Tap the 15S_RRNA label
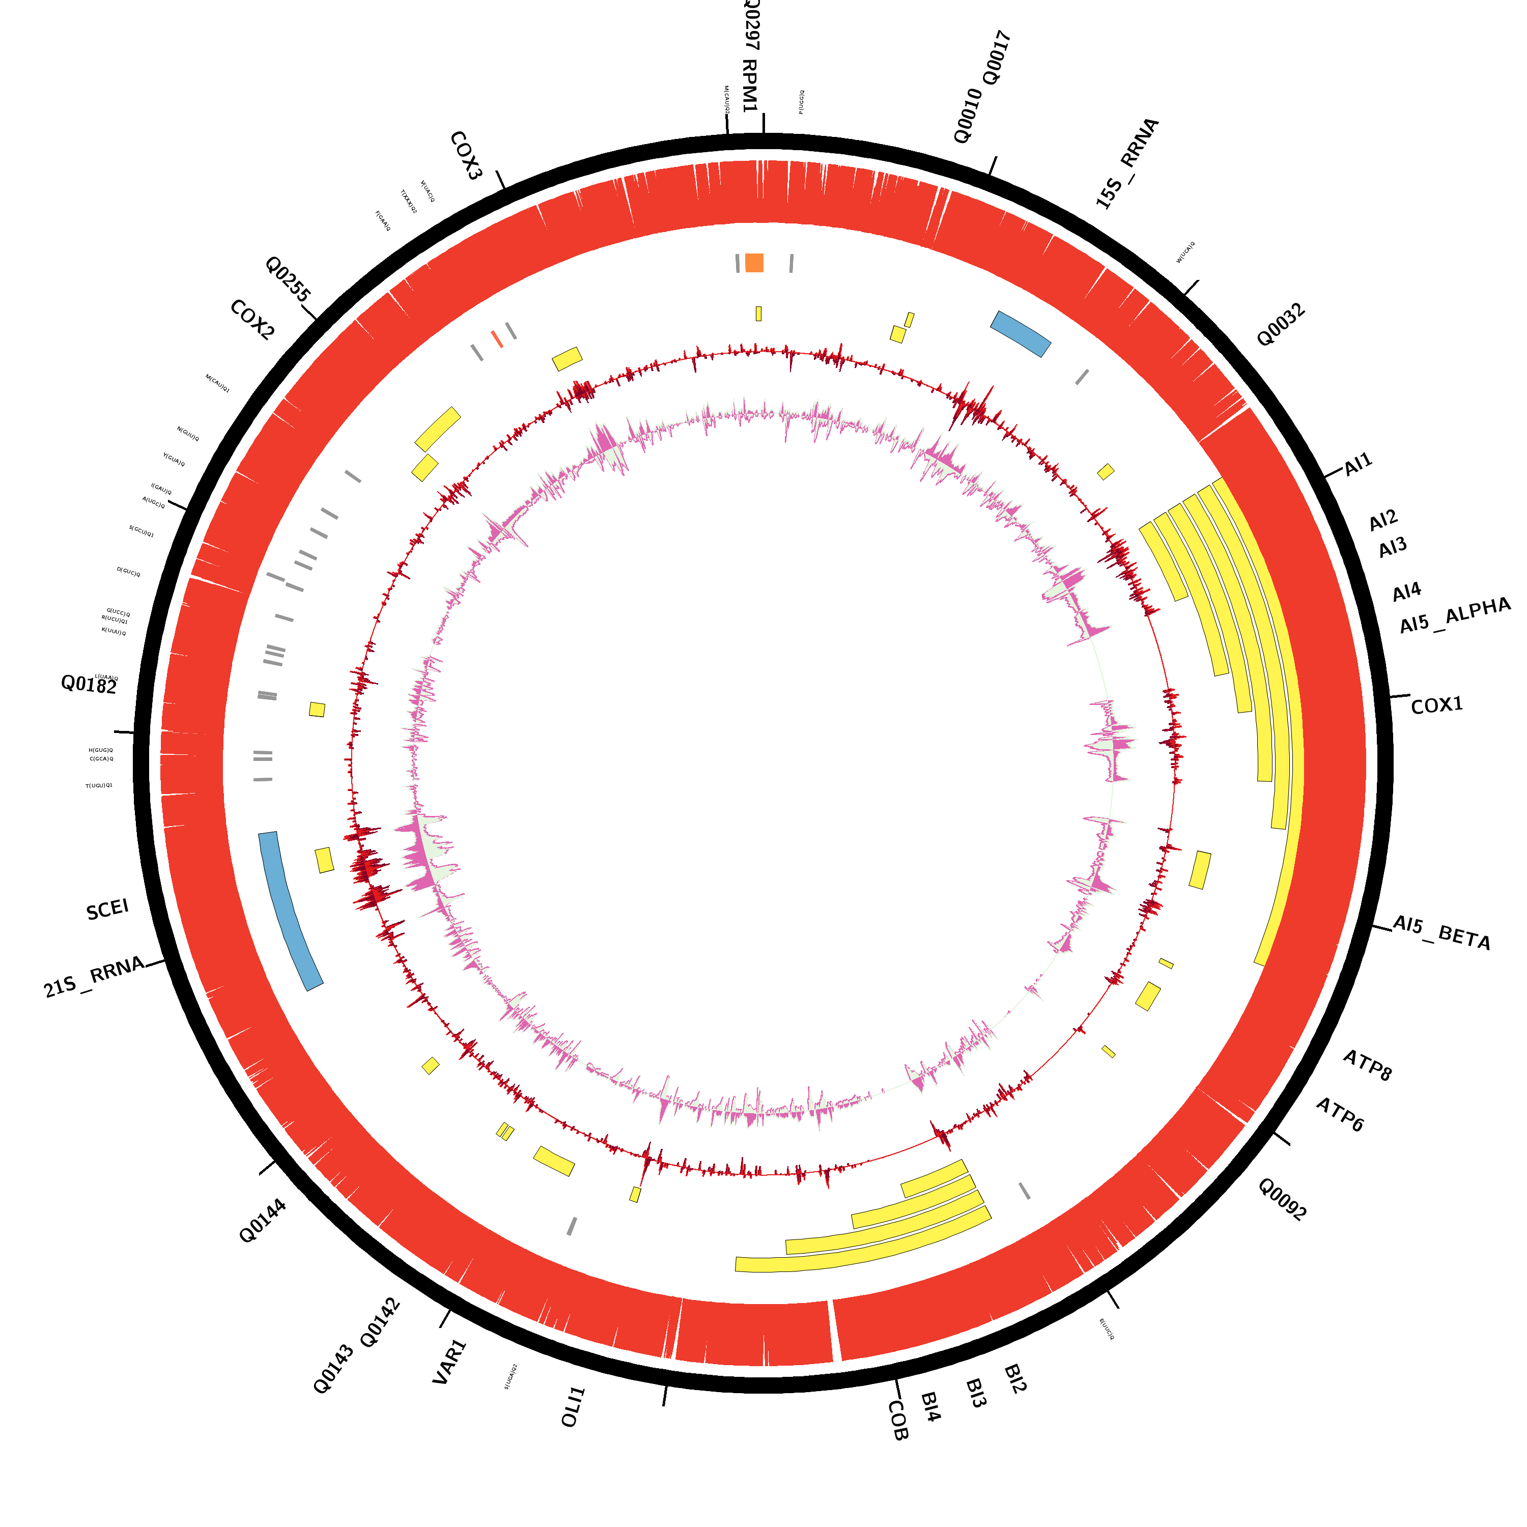tap(1127, 163)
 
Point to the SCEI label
tap(107, 910)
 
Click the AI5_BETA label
tap(1441, 932)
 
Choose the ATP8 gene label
tap(1367, 1065)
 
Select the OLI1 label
tap(573, 1407)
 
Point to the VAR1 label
tap(450, 1362)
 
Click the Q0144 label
tap(263, 1221)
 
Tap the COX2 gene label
tap(252, 320)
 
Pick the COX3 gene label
tap(466, 156)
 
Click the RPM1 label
tap(750, 86)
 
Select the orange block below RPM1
tap(754, 263)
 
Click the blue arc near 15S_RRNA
tap(1021, 333)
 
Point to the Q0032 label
tap(1281, 325)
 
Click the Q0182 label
tap(89, 685)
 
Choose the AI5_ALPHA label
tap(1455, 616)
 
